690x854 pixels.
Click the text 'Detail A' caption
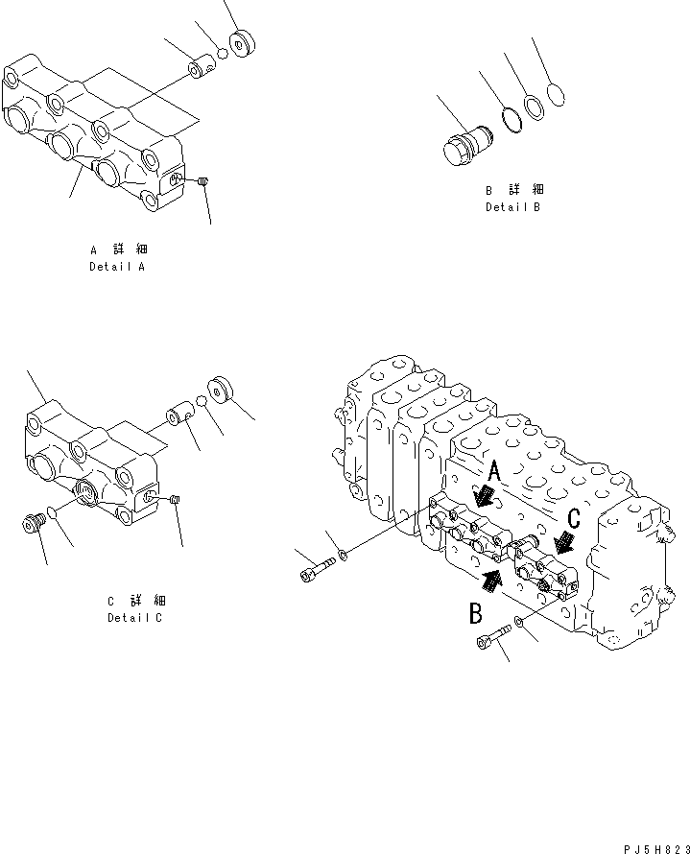click(116, 267)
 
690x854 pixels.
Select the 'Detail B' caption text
click(512, 207)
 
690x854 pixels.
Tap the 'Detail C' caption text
click(134, 618)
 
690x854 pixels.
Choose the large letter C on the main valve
click(573, 519)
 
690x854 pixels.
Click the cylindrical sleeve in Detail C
click(181, 417)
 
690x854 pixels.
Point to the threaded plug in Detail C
click(34, 524)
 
